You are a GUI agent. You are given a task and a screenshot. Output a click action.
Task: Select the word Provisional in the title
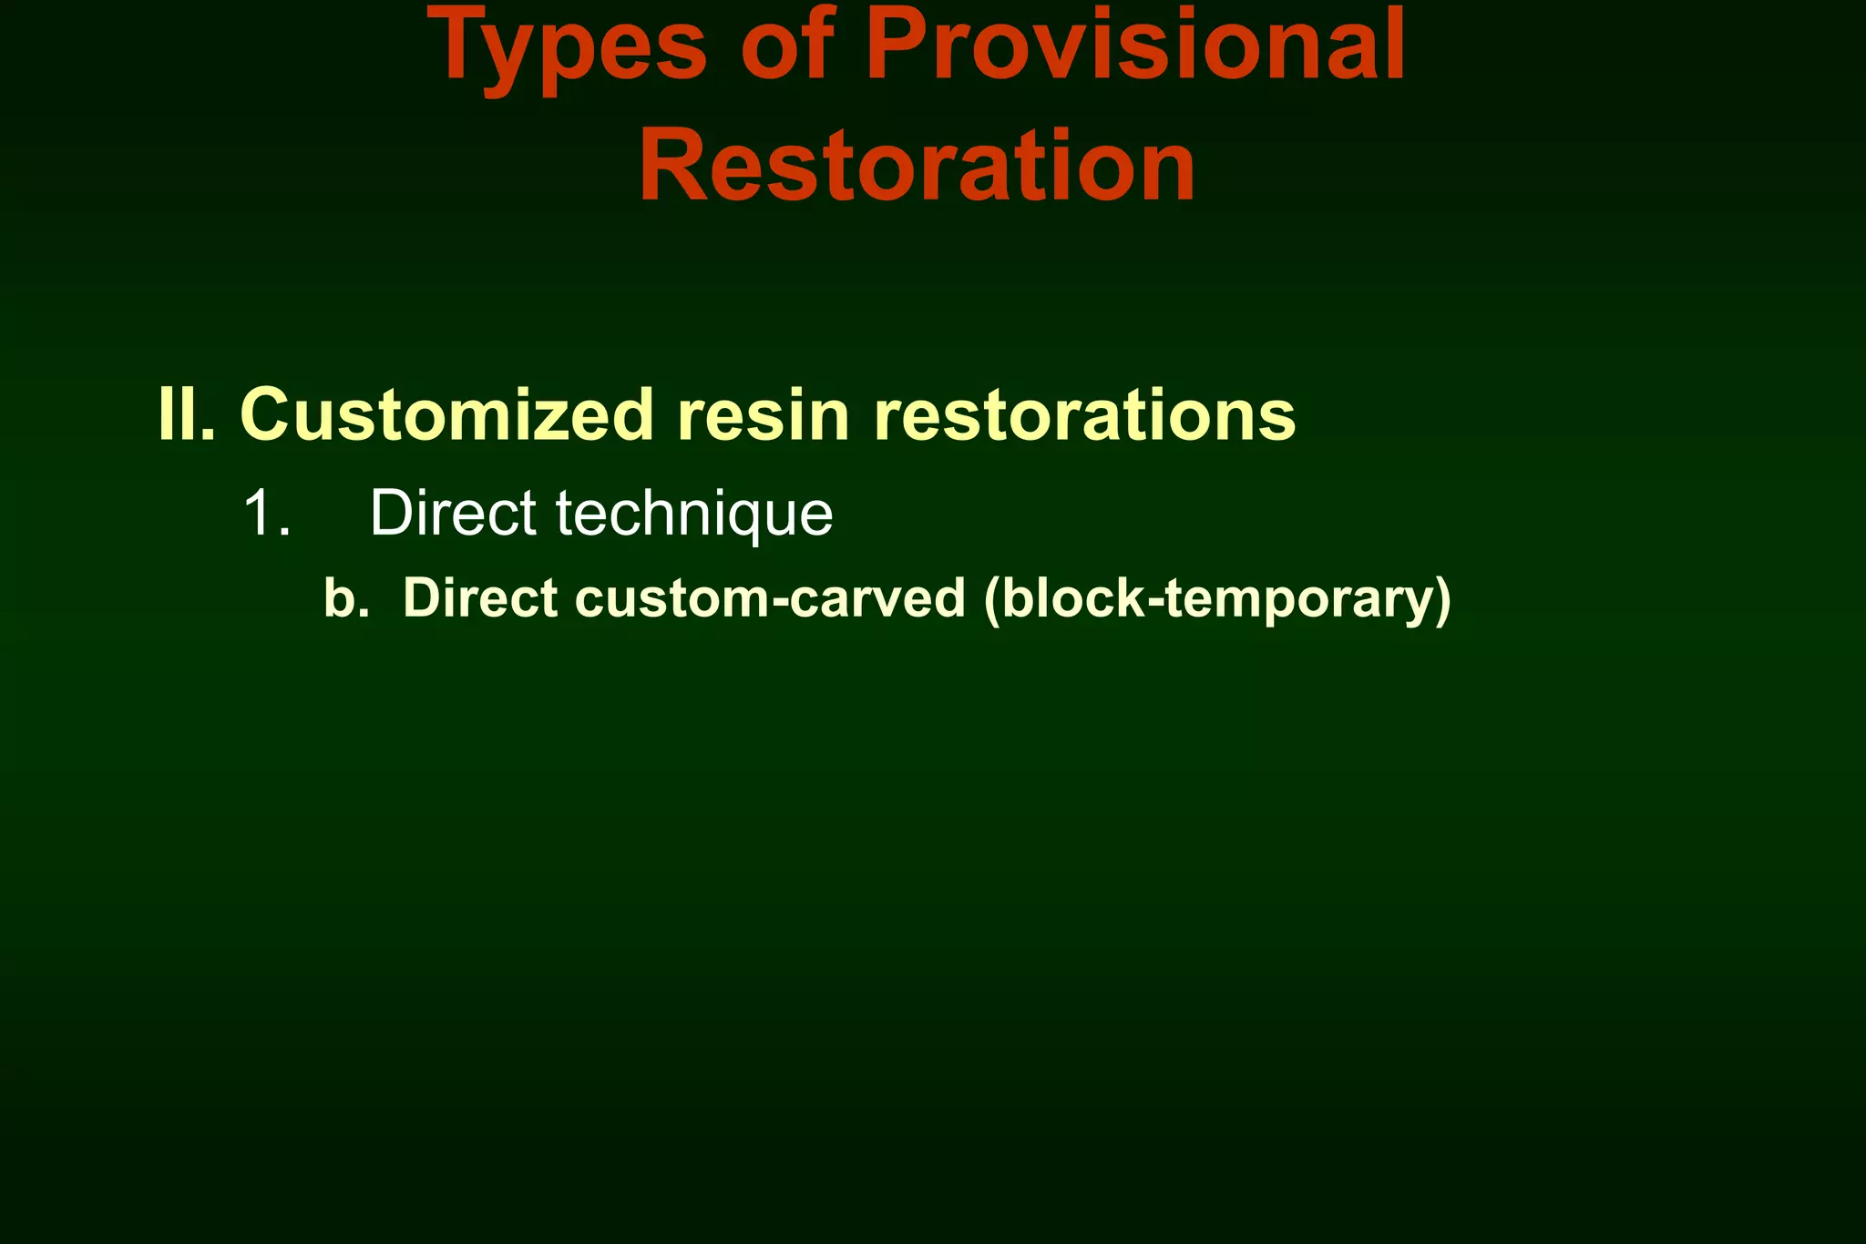pyautogui.click(x=1135, y=46)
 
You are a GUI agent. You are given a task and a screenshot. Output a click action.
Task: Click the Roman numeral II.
pyautogui.click(x=186, y=415)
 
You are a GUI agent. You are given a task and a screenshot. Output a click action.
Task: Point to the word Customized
pyautogui.click(x=446, y=415)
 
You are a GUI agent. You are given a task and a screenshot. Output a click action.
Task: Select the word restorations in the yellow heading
pyautogui.click(x=1084, y=415)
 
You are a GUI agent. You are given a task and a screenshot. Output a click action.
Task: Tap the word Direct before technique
pyautogui.click(x=453, y=514)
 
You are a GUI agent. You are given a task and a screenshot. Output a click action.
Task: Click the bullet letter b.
pyautogui.click(x=344, y=599)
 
